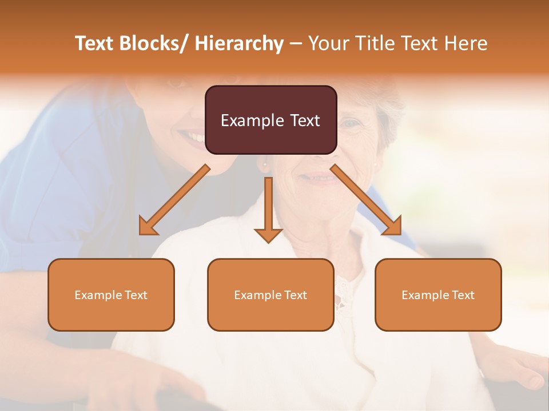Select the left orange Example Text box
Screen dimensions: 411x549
coord(111,295)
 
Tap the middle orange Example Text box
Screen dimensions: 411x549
coord(270,295)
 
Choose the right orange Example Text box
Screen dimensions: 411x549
coord(438,295)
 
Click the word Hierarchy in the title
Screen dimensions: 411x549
coord(239,44)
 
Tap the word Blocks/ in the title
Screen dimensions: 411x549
coord(154,44)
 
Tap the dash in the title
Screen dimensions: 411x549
coord(296,44)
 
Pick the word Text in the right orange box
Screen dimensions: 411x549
coord(463,295)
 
